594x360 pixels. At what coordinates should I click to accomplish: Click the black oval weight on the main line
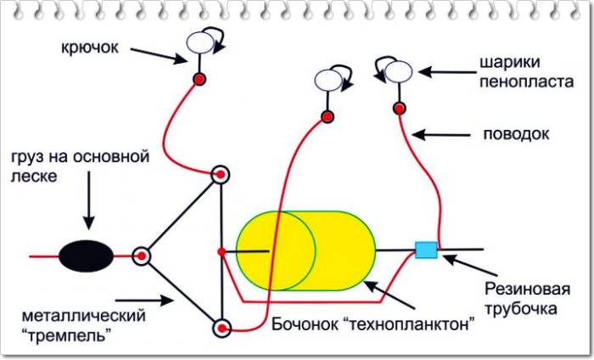coord(86,254)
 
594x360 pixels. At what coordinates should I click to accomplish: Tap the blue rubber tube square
coord(425,250)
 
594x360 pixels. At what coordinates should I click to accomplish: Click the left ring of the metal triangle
coord(141,254)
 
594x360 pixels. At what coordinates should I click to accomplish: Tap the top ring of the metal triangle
coord(221,176)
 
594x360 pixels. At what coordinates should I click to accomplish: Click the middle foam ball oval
coord(328,81)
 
